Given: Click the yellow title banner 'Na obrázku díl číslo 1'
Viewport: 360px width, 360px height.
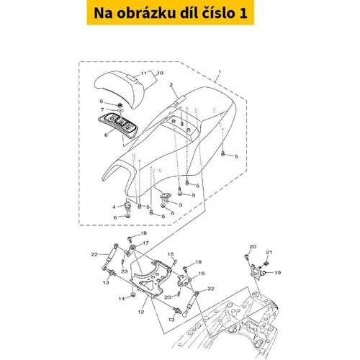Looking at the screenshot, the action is [x=170, y=12].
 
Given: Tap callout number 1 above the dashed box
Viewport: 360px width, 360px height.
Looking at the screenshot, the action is [x=220, y=72].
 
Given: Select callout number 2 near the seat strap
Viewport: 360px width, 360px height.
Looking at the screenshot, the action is [x=171, y=85].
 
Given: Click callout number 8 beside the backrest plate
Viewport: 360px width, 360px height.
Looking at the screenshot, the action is [x=106, y=135].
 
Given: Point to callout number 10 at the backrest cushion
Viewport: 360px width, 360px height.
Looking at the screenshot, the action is [x=160, y=73].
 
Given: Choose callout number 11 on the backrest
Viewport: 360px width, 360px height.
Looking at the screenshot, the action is [x=143, y=73].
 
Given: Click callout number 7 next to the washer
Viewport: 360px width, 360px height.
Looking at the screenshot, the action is [x=102, y=109].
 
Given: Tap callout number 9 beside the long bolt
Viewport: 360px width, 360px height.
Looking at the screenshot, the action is [x=194, y=195].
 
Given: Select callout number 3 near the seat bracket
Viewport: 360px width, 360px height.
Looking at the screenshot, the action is [x=180, y=205].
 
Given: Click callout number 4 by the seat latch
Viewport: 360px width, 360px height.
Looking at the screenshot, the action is [x=114, y=207].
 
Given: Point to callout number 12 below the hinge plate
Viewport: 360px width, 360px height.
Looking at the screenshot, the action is [x=141, y=312].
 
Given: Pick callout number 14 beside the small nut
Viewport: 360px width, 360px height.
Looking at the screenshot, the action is [x=122, y=299].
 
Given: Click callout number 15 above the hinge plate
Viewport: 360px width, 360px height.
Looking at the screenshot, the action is [x=171, y=254].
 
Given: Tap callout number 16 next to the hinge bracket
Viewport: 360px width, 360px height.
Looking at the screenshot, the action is [x=202, y=274].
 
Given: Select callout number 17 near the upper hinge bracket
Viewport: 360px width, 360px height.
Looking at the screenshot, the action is [x=145, y=243].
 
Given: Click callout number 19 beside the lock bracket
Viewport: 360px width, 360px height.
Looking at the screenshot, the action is [x=277, y=273].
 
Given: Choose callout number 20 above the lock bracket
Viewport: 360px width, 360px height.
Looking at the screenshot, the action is [x=253, y=246].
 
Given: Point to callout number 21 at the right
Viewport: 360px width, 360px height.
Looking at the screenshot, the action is [x=269, y=252].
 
